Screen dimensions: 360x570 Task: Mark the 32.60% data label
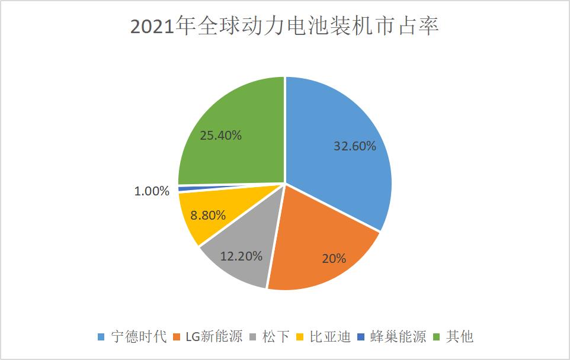[x=354, y=146]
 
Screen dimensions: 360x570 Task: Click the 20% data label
[x=334, y=258]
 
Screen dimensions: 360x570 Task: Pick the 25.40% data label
[x=220, y=136]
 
